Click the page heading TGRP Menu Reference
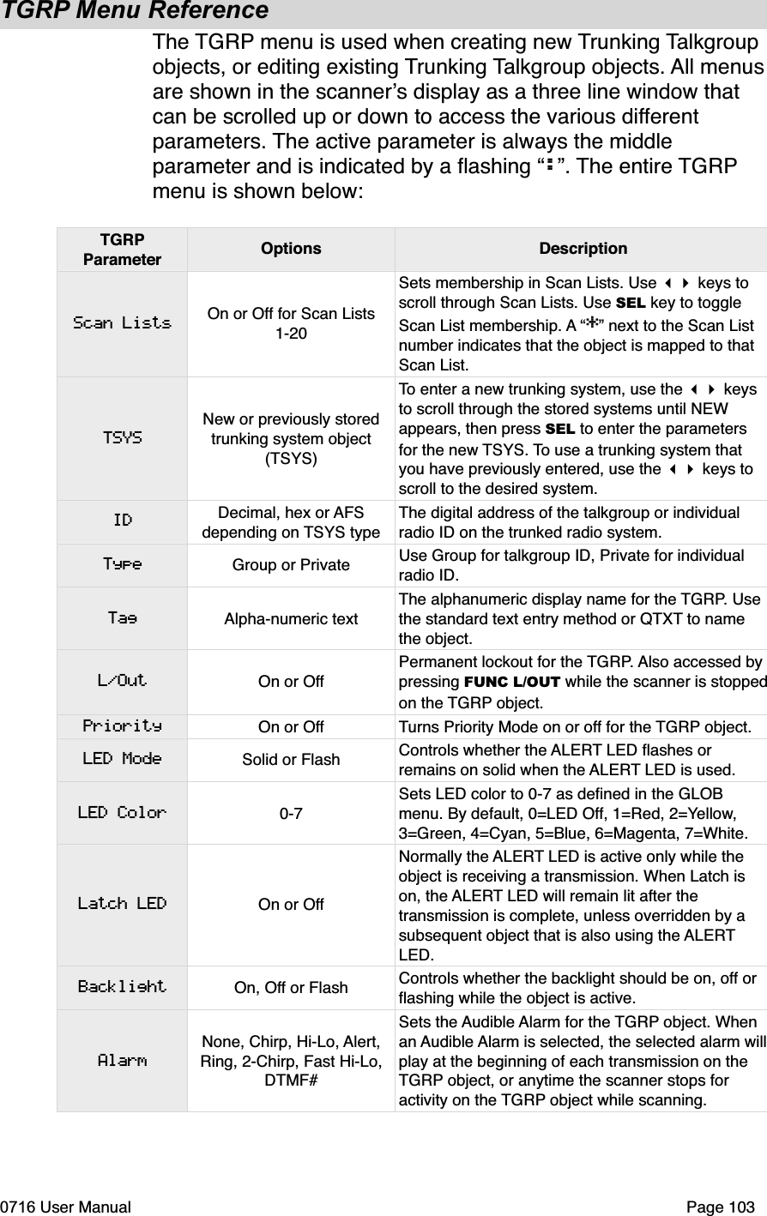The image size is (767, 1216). tap(135, 12)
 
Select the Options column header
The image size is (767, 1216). tap(291, 250)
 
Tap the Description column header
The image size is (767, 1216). tap(583, 250)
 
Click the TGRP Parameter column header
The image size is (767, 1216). tap(122, 250)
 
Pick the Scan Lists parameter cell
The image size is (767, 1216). tap(122, 323)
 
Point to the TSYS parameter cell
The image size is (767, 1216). tap(122, 437)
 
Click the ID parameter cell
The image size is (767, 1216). tap(122, 521)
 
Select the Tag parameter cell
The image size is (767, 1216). tap(122, 617)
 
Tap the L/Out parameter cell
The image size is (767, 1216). tap(122, 681)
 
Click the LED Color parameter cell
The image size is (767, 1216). tap(122, 812)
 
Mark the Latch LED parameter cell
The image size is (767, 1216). tap(122, 904)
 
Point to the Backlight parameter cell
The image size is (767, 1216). tap(122, 987)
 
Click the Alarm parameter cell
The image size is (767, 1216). tap(122, 1061)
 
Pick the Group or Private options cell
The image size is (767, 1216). tap(291, 565)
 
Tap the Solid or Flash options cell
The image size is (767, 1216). tap(291, 760)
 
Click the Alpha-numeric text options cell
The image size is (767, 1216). tap(291, 618)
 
